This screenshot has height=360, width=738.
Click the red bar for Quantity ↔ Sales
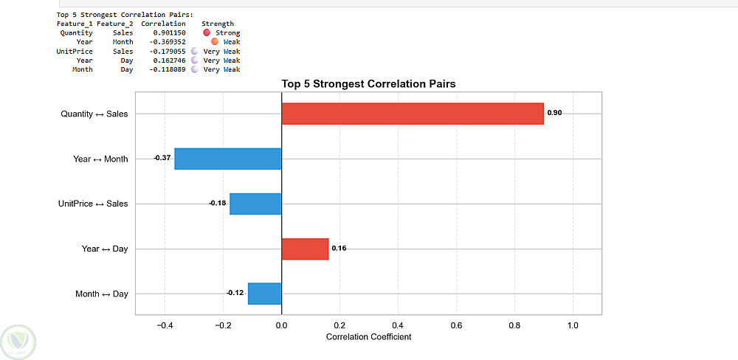tap(413, 114)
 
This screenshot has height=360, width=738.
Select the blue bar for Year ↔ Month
tap(228, 159)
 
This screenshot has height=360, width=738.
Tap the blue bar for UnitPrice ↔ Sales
tap(255, 204)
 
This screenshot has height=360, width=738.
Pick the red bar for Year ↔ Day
tap(305, 249)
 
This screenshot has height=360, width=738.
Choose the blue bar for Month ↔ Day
tap(264, 294)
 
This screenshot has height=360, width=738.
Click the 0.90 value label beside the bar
tap(554, 114)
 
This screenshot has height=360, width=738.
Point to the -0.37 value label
tap(162, 158)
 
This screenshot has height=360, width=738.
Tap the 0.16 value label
tap(339, 249)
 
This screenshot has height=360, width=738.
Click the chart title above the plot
tap(368, 84)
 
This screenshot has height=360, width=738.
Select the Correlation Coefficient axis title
tap(368, 337)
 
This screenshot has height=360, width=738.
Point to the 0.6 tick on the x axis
tap(456, 325)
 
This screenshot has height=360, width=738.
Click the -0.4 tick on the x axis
tap(165, 325)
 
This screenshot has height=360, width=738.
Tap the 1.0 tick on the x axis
tap(573, 325)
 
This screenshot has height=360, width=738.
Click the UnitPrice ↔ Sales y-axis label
tap(93, 204)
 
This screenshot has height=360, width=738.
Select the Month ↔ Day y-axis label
tap(102, 294)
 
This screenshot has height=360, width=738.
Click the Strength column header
tap(218, 24)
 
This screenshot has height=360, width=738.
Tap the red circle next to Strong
tap(206, 32)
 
